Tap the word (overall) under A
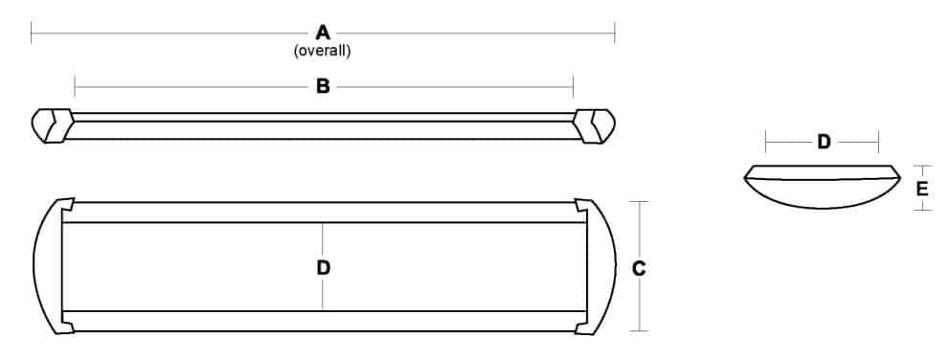[323, 52]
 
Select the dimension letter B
[323, 87]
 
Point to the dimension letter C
[640, 269]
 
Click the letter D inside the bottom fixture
[323, 269]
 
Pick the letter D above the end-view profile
[823, 143]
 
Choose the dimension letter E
[921, 189]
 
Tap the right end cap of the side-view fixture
[596, 126]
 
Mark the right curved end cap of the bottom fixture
[599, 266]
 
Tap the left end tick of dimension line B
[75, 87]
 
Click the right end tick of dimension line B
[573, 87]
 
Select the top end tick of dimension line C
[640, 202]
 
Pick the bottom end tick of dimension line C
[640, 331]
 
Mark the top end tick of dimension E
[921, 165]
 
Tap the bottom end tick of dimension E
[921, 210]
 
